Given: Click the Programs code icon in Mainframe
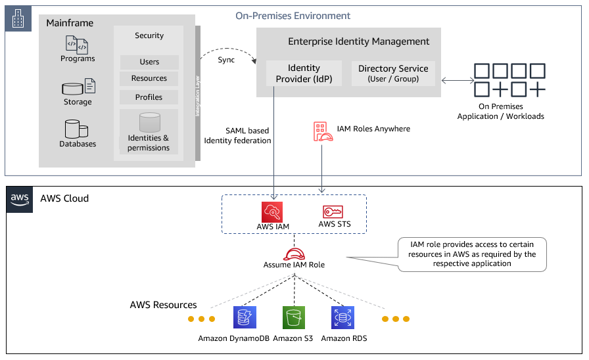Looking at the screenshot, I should tap(77, 45).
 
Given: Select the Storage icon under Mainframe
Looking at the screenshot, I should tap(78, 87).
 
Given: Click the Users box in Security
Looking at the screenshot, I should tap(149, 62).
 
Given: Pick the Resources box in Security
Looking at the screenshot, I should tap(149, 78).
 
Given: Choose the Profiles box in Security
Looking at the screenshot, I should tap(149, 97).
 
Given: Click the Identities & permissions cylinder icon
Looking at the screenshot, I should tap(149, 122).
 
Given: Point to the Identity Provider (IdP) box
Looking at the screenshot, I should tap(304, 73).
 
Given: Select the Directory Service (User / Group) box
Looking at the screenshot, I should tap(393, 73).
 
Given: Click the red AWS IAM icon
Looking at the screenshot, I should tap(273, 212).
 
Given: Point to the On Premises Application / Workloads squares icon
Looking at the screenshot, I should tap(509, 80).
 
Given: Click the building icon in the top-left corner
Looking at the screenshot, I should tap(18, 20).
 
